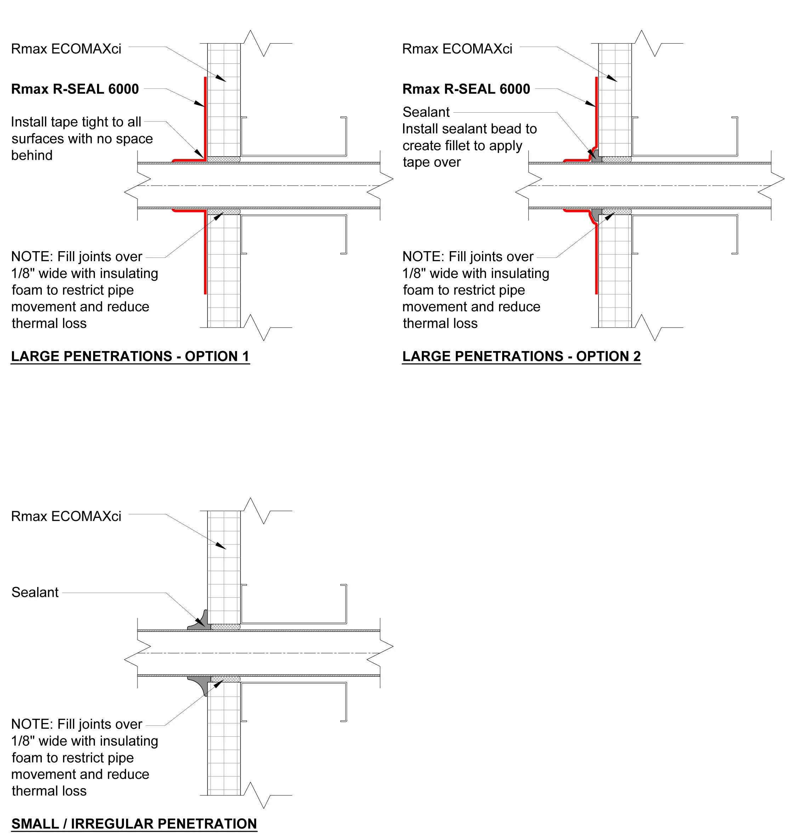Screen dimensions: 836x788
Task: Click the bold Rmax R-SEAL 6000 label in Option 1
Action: (75, 89)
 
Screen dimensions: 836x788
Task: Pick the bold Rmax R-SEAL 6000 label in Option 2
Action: (466, 89)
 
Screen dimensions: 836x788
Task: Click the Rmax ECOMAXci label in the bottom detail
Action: (66, 516)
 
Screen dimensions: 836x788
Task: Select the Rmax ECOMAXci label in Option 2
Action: (457, 49)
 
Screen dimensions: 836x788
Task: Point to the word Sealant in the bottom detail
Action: (35, 593)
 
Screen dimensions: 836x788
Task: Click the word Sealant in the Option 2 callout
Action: (426, 112)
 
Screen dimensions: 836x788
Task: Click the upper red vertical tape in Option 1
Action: (205, 118)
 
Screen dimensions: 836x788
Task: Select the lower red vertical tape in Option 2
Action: (596, 261)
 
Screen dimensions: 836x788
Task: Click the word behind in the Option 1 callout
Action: (32, 156)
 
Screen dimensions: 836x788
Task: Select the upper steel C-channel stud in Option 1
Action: (294, 154)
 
